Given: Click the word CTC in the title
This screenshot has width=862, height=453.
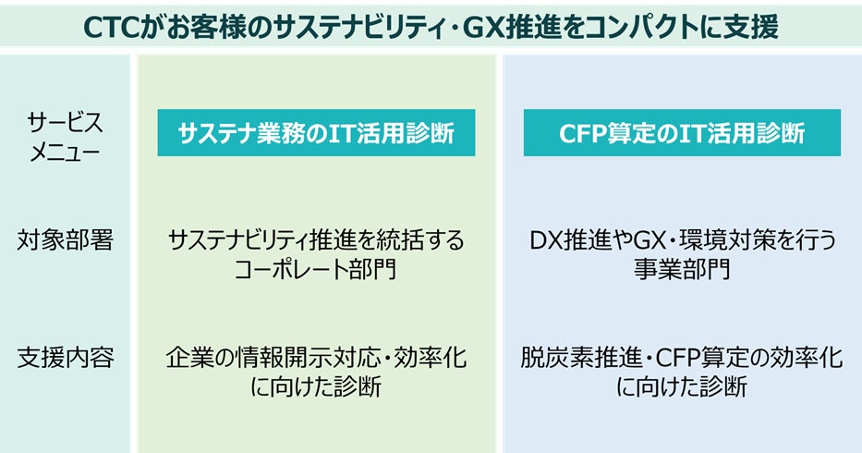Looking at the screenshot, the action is [x=112, y=26].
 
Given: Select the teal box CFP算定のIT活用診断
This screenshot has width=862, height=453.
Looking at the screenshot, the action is [x=682, y=133].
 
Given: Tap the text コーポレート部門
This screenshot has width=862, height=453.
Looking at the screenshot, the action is [x=316, y=270].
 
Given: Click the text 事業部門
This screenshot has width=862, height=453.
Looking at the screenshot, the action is [x=682, y=270].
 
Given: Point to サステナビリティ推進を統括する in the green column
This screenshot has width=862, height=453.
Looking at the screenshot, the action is [x=316, y=240].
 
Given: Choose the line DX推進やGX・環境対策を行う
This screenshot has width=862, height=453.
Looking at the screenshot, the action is [x=682, y=240].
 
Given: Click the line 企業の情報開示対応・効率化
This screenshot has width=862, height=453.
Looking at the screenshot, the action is [x=316, y=357].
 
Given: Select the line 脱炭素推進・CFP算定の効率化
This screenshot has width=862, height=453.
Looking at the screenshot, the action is [x=682, y=357].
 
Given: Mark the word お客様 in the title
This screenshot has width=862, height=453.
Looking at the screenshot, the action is [x=211, y=26].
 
